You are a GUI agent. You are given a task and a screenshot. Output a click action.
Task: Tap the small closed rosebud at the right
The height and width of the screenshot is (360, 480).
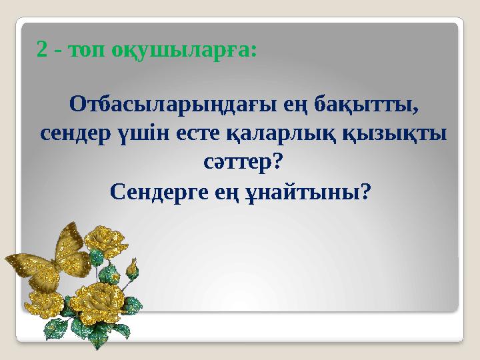pos(133,271)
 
